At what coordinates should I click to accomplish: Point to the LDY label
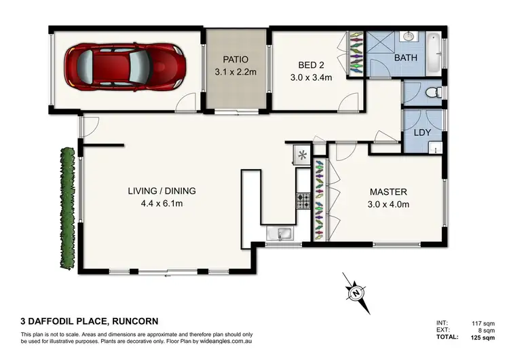423,134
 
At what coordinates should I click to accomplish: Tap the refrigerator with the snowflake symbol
302,156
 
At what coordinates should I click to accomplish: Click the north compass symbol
355,292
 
